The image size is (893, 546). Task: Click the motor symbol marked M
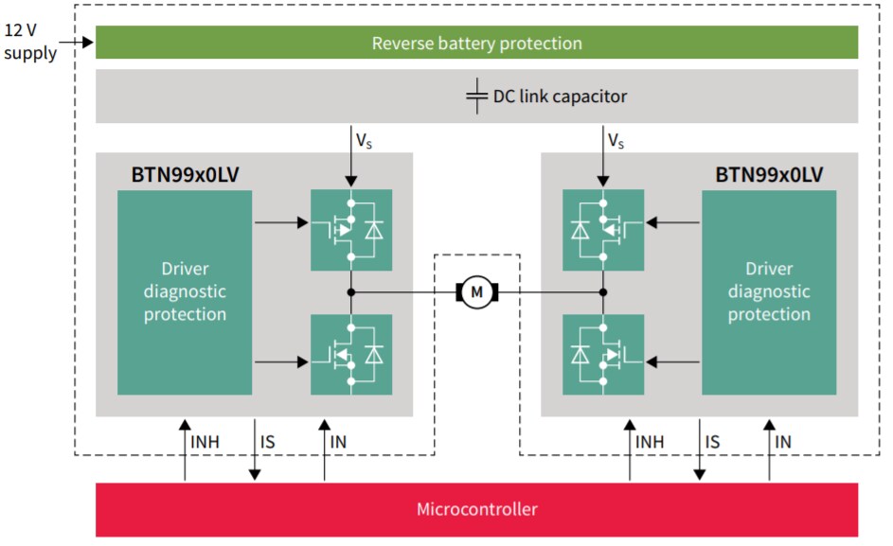click(x=477, y=292)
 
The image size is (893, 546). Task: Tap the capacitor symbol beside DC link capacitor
click(x=477, y=97)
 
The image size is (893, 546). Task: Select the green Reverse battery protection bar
click(x=476, y=43)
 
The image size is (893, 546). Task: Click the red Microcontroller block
click(x=476, y=509)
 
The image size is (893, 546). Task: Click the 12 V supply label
click(x=30, y=42)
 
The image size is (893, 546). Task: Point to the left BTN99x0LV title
click(x=185, y=175)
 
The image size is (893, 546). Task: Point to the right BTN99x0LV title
click(x=769, y=175)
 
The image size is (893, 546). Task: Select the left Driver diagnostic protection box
click(x=185, y=292)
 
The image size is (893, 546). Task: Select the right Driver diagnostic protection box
click(x=769, y=292)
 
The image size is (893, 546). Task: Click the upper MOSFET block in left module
click(x=351, y=230)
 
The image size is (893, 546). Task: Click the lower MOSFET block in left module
click(x=351, y=355)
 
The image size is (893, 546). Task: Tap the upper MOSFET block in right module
click(x=603, y=230)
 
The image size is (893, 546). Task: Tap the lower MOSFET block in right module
click(x=603, y=355)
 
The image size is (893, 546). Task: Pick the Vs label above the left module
click(x=365, y=141)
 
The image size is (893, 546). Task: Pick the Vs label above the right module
click(x=616, y=141)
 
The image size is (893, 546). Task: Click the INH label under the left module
click(x=205, y=441)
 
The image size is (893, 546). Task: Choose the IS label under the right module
click(x=713, y=441)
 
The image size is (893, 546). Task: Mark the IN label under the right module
click(x=783, y=441)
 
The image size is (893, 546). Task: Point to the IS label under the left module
click(x=269, y=441)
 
